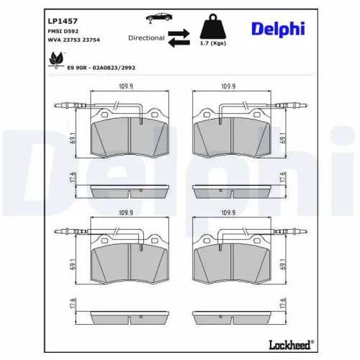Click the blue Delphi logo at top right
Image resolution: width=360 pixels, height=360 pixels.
coord(277,28)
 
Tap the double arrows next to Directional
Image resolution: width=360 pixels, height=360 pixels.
coord(180,38)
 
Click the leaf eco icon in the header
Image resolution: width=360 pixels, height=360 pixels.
coord(56,60)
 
